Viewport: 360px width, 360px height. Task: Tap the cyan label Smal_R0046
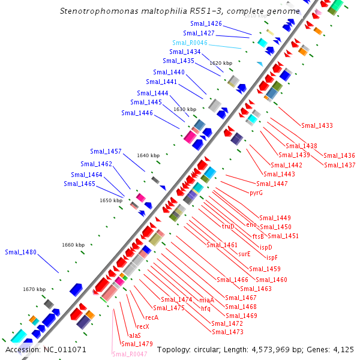(190, 43)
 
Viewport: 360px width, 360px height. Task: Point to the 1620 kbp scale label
(220, 62)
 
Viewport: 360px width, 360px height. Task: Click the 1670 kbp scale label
(34, 289)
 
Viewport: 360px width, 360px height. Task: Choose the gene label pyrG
(256, 193)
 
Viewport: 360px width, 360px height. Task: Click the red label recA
(152, 317)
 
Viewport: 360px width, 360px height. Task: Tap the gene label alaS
(135, 335)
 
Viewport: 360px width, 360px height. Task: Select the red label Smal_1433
(317, 125)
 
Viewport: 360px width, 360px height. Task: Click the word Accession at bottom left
(22, 349)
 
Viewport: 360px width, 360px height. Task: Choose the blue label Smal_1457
(106, 151)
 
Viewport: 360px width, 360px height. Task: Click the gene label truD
(228, 226)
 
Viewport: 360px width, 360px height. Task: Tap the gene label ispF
(272, 257)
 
